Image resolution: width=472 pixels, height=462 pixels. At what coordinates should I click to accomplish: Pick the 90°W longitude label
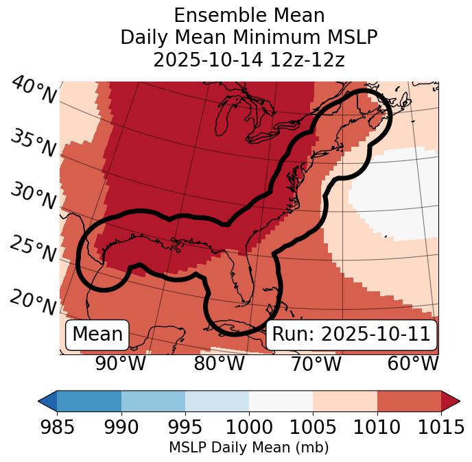coord(121,364)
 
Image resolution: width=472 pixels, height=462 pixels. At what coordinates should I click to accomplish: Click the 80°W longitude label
coord(219,364)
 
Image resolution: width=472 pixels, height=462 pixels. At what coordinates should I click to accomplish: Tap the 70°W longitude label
coord(316,364)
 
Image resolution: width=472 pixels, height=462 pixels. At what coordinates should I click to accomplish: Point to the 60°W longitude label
coord(413,364)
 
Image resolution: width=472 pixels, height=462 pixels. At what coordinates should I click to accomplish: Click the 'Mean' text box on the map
coord(97,335)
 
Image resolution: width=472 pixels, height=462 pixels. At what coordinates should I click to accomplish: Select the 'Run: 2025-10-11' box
coord(351,335)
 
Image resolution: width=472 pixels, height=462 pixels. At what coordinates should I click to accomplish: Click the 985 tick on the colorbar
coord(57,427)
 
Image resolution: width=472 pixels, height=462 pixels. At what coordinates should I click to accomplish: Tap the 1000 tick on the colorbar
coord(249,427)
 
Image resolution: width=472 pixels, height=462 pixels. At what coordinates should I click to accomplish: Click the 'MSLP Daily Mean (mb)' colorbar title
coord(248,448)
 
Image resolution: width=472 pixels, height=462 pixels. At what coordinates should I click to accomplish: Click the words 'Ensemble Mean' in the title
coord(248,15)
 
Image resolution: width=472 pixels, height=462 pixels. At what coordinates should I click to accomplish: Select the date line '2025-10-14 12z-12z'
coord(248,60)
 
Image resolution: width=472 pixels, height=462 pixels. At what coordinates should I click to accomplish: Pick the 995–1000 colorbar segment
coord(217,400)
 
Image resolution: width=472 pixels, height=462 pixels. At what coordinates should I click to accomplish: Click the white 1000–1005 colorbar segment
coord(281,400)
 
